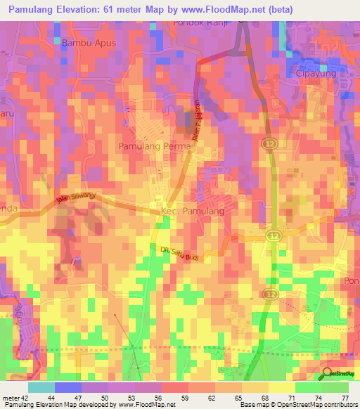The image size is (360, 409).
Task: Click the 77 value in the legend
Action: click(x=345, y=398)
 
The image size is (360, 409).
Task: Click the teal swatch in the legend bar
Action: click(x=41, y=387)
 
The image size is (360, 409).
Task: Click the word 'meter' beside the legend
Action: click(x=12, y=398)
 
